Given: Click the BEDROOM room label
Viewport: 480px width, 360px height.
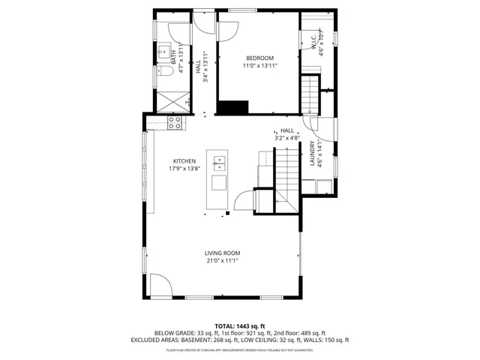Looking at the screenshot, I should [260, 58].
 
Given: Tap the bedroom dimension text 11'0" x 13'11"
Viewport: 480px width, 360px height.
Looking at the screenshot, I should [260, 66].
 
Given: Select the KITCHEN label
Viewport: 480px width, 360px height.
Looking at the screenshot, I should [184, 161].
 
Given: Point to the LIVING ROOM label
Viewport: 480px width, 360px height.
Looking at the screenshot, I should [223, 253].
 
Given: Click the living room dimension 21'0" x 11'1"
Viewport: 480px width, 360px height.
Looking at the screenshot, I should [223, 260].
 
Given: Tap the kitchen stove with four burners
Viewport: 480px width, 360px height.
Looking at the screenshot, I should [175, 122].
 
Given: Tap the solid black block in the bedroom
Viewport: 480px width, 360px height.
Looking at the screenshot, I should [234, 107].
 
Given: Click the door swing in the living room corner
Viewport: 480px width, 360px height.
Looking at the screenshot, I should [160, 284].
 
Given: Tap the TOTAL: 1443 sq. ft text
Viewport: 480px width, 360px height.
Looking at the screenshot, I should [241, 325].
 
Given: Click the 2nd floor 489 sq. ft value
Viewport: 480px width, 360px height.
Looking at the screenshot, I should [307, 332].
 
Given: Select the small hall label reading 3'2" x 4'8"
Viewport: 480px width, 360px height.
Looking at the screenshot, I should [286, 137].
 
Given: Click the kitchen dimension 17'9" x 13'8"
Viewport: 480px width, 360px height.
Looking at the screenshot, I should [184, 169].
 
